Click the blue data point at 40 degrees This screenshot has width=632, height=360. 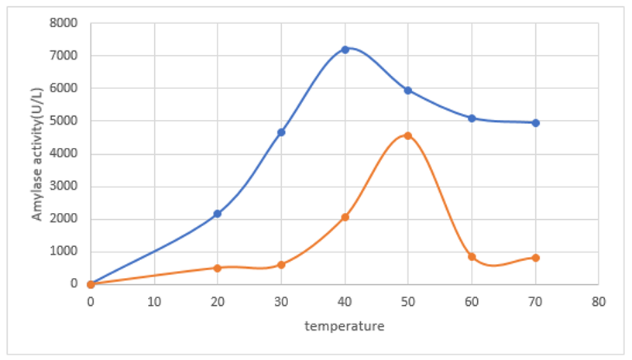[x=345, y=50]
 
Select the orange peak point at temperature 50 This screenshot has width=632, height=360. [x=408, y=135]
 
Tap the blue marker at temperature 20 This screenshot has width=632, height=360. [x=218, y=214]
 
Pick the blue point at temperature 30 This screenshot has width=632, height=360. [x=281, y=132]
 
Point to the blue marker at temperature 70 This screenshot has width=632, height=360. [x=535, y=122]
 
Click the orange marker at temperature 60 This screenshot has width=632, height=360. [x=472, y=256]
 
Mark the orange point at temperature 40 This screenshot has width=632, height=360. [x=345, y=217]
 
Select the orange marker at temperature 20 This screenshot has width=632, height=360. [x=218, y=268]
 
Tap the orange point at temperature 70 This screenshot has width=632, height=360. [x=535, y=258]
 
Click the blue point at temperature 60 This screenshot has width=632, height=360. [x=472, y=118]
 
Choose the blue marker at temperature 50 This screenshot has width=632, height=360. [x=408, y=91]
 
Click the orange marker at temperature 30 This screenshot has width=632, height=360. [x=281, y=265]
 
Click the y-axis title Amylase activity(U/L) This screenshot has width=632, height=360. [x=37, y=153]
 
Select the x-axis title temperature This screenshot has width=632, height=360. [x=344, y=326]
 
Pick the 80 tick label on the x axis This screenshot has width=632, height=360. [x=598, y=299]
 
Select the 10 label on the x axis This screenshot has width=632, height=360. [x=154, y=299]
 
